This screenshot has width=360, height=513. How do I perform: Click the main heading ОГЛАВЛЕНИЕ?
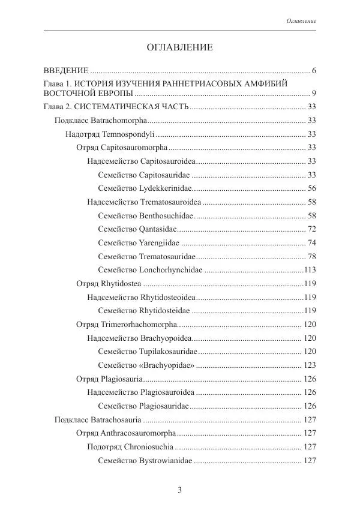(180, 47)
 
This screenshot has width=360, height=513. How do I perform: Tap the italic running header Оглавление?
(301, 21)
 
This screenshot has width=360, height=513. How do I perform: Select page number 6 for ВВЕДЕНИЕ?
(314, 71)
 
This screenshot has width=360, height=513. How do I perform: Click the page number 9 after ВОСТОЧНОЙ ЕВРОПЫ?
(314, 94)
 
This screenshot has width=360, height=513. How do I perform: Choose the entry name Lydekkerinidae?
(165, 188)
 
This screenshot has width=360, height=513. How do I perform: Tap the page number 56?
(311, 188)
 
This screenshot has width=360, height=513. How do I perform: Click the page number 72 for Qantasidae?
(311, 229)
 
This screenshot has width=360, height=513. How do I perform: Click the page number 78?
(311, 256)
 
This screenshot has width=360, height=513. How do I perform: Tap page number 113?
(310, 269)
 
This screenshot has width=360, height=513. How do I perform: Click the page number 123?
(310, 365)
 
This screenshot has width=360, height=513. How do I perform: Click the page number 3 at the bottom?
(179, 490)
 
